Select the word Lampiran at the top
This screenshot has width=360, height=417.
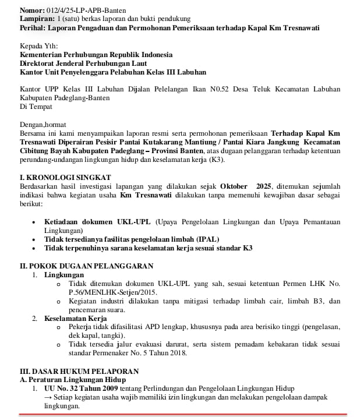37,19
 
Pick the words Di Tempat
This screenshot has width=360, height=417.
34,107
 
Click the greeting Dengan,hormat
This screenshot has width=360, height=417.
43,124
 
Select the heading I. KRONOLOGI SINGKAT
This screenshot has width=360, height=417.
65,177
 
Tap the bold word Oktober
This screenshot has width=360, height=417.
237,186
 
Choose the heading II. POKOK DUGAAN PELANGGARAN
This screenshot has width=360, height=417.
86,266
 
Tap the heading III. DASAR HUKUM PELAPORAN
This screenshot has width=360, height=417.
79,370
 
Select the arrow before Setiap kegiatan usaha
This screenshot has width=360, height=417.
48,397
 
